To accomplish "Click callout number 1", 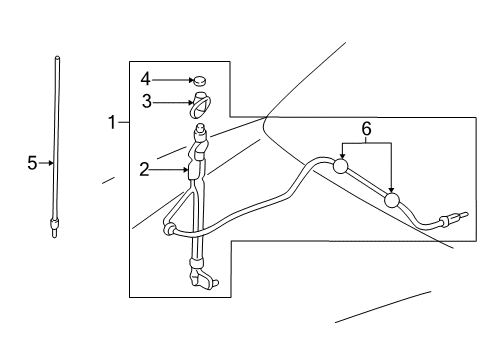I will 112,123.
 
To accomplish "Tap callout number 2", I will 145,170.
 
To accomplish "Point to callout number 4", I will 145,77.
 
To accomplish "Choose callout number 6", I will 366,129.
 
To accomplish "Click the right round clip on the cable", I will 392,202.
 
